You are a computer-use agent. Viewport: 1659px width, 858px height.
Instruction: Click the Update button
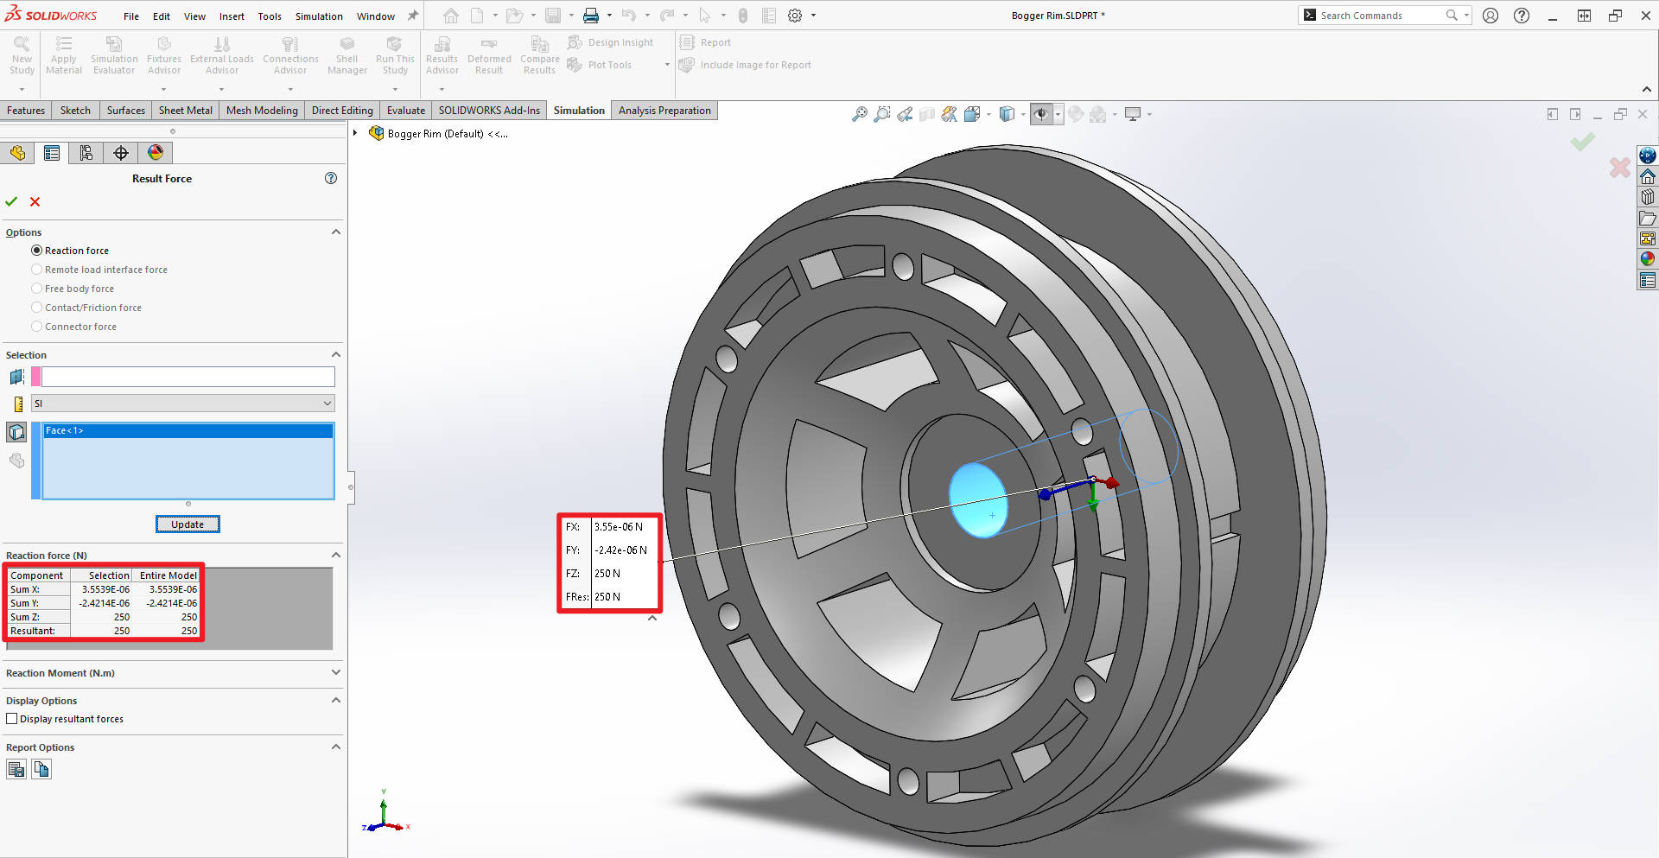(x=188, y=524)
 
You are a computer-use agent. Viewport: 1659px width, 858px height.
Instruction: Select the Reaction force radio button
(x=36, y=251)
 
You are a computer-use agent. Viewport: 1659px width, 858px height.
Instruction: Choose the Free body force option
(x=36, y=289)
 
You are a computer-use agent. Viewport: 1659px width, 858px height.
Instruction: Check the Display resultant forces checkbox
(x=12, y=719)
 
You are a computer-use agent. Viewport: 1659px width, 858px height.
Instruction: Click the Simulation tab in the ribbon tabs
(x=579, y=111)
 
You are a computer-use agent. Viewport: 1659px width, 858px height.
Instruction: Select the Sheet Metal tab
(x=185, y=111)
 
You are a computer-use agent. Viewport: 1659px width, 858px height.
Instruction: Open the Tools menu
(x=270, y=16)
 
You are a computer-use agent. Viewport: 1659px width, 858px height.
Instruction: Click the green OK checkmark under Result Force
(x=11, y=201)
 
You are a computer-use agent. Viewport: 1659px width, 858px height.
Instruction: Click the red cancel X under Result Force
(x=35, y=201)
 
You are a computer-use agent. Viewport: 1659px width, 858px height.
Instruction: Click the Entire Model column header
(x=168, y=575)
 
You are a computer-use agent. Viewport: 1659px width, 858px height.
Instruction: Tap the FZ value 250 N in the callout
(x=607, y=574)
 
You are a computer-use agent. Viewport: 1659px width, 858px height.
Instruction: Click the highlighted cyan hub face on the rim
(x=977, y=499)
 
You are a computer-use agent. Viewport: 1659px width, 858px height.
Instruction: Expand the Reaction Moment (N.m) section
(x=336, y=672)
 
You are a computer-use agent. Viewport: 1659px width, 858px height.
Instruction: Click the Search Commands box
(x=1381, y=16)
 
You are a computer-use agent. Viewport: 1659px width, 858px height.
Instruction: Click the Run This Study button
(x=395, y=56)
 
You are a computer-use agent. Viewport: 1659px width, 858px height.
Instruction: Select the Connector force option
(x=36, y=327)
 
